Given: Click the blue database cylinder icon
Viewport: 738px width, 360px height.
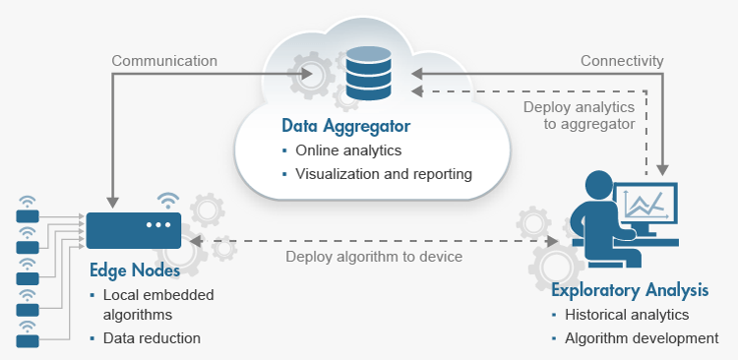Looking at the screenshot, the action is (368, 73).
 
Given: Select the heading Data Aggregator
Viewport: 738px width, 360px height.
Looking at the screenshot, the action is (346, 126).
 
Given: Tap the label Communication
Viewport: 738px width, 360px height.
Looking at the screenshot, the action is (164, 61).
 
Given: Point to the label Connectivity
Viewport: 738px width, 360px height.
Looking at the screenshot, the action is (622, 61).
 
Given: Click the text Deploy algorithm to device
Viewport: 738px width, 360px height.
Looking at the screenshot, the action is (374, 257).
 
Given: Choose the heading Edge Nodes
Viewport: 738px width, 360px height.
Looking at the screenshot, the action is (135, 270).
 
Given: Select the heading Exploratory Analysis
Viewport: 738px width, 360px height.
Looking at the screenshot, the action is (630, 290).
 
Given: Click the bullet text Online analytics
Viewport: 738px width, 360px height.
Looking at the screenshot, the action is (348, 150).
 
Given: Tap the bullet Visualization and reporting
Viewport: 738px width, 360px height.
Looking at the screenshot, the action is (384, 174).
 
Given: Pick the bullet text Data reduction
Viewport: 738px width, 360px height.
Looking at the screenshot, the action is (152, 338).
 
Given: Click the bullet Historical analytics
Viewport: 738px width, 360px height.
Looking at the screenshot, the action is (627, 315).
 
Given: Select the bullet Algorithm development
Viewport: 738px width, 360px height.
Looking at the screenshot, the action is (642, 338).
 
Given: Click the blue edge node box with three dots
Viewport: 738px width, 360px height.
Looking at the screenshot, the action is (134, 230).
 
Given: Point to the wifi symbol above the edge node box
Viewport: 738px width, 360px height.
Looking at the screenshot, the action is (168, 200).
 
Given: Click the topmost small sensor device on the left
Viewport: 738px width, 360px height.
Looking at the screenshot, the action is (28, 216).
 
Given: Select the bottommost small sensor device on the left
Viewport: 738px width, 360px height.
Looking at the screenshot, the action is (28, 341).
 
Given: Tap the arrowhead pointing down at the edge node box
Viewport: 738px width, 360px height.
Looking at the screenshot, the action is (112, 203).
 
